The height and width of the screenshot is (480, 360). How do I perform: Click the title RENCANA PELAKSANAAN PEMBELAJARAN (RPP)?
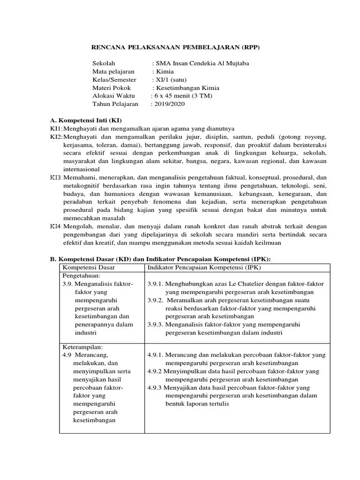(175, 47)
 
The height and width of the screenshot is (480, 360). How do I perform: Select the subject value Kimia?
(164, 71)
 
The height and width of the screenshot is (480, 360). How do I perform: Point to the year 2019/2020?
(169, 104)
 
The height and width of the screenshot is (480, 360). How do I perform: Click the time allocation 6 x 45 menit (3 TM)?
(183, 96)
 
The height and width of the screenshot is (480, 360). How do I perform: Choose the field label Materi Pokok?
(112, 88)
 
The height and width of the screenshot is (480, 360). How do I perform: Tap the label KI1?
(56, 128)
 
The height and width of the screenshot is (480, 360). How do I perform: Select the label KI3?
(56, 178)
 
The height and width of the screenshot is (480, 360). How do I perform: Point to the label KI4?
(56, 226)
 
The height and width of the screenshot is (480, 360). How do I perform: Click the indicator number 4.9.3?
(155, 388)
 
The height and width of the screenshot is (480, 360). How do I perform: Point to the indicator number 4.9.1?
(155, 355)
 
